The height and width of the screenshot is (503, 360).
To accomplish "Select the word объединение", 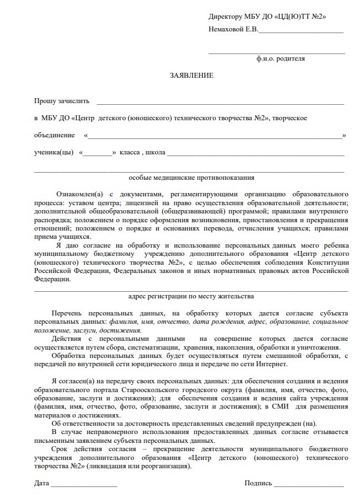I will [x=54, y=135].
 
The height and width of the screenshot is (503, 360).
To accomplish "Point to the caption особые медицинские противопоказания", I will [x=191, y=178].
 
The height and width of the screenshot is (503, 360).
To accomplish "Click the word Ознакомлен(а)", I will [x=79, y=194].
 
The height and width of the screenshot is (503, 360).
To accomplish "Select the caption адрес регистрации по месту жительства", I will [x=191, y=296].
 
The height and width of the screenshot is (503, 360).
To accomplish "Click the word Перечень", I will [x=67, y=313].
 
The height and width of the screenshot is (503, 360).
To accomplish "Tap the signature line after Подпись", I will [x=309, y=485].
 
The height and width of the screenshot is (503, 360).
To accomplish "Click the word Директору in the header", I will [x=225, y=17].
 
